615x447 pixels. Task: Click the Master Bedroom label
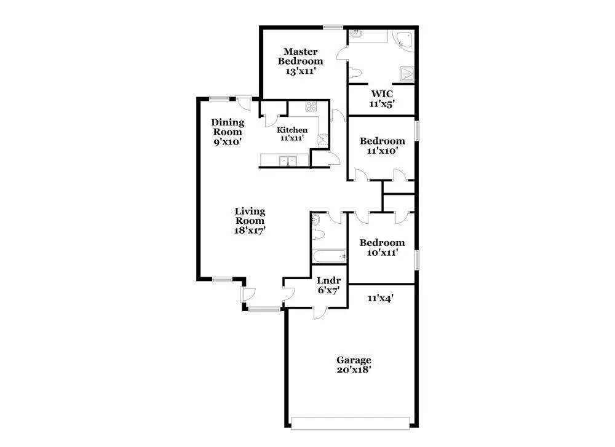click(x=301, y=56)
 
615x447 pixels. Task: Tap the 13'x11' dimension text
click(x=301, y=71)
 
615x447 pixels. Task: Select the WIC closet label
click(x=382, y=94)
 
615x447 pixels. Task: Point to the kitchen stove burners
click(x=311, y=106)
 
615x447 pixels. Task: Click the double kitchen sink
click(x=288, y=160)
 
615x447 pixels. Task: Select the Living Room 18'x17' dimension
click(x=250, y=231)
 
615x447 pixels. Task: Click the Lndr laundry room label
click(x=328, y=280)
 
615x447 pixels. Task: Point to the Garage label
click(x=354, y=360)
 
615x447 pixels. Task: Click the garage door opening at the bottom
click(x=351, y=423)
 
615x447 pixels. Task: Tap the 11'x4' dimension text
click(x=381, y=298)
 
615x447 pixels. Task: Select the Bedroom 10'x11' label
click(x=382, y=247)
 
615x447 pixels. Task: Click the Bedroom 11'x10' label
click(x=383, y=146)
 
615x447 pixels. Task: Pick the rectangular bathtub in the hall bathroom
click(x=329, y=256)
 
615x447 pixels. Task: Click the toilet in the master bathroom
click(x=355, y=73)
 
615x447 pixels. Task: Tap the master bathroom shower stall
click(x=407, y=74)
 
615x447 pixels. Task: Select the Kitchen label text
click(x=292, y=130)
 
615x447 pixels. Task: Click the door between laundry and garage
click(x=320, y=312)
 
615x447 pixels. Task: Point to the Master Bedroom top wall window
click(x=333, y=27)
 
